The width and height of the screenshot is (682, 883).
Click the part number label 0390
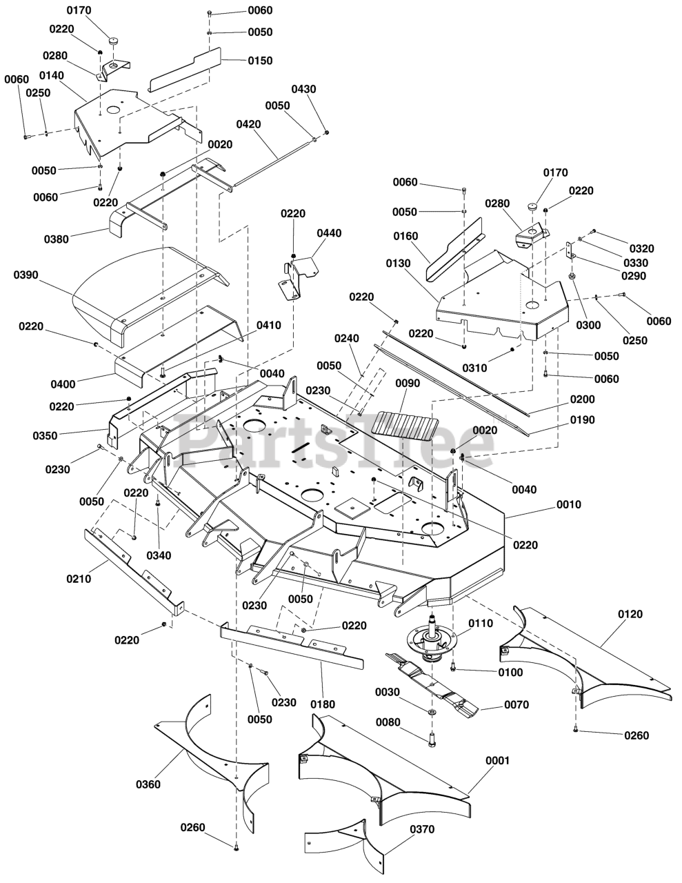(x=26, y=275)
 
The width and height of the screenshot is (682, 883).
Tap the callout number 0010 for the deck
(x=569, y=504)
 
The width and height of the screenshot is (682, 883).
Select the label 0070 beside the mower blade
(x=516, y=705)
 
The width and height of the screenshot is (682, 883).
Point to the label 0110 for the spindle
(x=500, y=623)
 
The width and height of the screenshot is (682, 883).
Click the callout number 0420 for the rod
(x=248, y=125)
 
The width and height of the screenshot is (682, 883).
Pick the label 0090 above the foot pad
(x=408, y=383)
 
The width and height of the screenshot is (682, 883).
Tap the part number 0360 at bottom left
(x=148, y=784)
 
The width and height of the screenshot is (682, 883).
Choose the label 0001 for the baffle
(x=497, y=760)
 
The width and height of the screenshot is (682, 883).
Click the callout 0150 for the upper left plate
(x=260, y=61)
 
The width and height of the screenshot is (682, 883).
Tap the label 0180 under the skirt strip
(x=323, y=704)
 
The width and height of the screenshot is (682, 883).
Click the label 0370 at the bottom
(x=422, y=829)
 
